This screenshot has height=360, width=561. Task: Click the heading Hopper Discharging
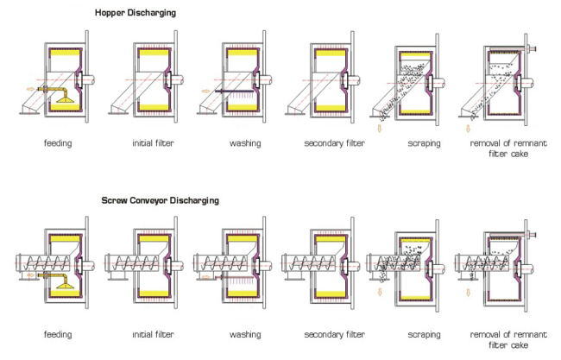136,13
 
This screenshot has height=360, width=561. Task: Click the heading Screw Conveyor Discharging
160,200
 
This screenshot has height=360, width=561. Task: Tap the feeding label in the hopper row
58,143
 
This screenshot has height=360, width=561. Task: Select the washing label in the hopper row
245,143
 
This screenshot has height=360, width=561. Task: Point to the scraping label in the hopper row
424,143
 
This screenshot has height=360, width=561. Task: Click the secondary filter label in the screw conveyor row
335,334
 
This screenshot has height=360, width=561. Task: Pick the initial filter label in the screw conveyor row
153,334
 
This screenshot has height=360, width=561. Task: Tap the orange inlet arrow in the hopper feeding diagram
31,89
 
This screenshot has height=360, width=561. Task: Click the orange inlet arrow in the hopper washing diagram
205,92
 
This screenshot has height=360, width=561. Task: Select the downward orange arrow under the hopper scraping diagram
380,128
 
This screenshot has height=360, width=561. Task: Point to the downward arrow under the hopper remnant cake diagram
468,128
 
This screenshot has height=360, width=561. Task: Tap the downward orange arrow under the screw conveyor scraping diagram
380,292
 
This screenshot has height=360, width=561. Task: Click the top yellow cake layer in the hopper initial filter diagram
154,53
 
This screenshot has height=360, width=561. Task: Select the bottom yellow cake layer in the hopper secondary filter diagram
331,108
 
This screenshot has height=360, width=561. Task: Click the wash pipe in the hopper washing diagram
234,92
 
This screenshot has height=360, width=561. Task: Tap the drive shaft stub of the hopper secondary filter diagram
354,79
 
